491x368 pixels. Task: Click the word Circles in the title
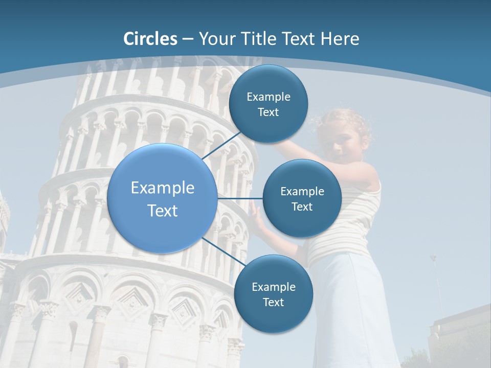tap(150, 39)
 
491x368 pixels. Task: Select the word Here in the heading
tap(340, 39)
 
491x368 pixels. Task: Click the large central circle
tap(162, 198)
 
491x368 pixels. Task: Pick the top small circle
tap(268, 104)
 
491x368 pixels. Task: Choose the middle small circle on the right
tap(302, 198)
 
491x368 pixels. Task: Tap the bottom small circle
tap(273, 294)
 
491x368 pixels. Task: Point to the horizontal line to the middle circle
tap(240, 198)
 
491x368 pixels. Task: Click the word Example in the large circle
tap(163, 188)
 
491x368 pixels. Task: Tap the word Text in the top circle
tap(268, 112)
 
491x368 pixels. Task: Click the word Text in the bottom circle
tap(273, 303)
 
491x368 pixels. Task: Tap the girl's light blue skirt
tap(353, 307)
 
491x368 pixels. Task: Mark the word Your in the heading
tap(215, 39)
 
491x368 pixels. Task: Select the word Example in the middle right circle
tap(302, 192)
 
